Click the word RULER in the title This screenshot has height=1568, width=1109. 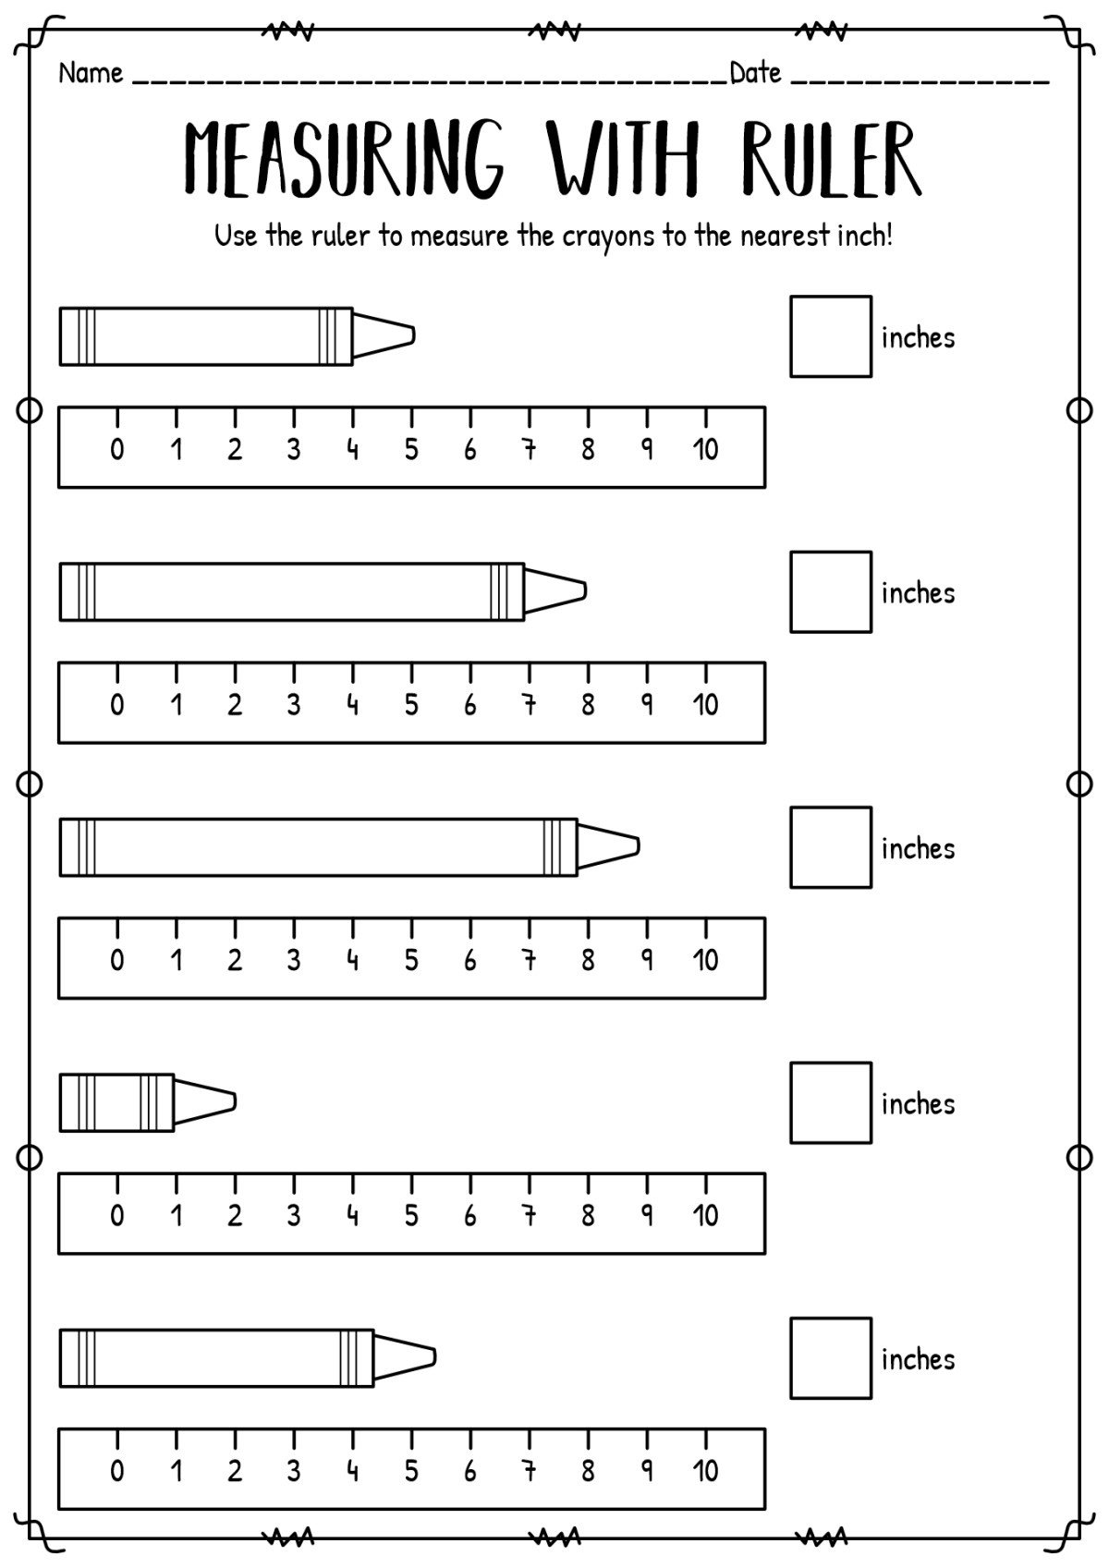831,160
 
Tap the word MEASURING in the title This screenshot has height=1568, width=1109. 344,159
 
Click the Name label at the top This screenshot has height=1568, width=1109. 91,73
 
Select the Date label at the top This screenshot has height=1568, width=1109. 755,73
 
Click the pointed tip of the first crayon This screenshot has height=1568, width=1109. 414,336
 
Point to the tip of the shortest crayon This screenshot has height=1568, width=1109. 236,1102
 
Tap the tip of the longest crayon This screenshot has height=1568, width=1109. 639,847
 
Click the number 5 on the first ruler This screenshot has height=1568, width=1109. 411,449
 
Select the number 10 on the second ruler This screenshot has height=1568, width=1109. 706,704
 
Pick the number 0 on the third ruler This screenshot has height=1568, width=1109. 117,960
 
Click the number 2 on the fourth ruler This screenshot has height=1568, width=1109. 235,1215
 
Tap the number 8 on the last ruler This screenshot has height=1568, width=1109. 588,1471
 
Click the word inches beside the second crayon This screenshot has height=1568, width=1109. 918,593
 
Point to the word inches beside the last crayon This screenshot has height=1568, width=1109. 918,1359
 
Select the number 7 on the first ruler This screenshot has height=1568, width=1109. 530,449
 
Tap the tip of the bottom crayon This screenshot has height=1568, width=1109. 434,1358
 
